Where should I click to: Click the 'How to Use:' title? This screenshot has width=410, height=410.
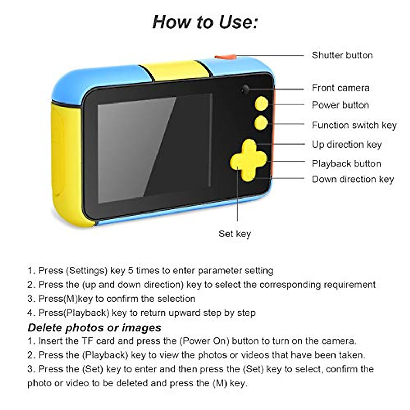click(205, 22)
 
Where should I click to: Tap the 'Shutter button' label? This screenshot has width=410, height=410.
click(342, 55)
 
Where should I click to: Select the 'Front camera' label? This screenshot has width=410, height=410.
click(340, 88)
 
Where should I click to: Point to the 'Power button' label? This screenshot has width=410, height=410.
click(340, 105)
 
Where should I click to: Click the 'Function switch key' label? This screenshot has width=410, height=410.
click(354, 125)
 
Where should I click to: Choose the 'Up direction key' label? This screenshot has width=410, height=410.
click(346, 145)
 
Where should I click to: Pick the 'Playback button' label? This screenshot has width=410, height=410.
click(346, 164)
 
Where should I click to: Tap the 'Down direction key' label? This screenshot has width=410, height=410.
click(353, 179)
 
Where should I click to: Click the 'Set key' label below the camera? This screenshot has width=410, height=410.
click(235, 234)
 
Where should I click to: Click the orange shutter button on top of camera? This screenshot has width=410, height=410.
click(225, 57)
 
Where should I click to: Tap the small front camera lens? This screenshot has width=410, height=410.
click(245, 90)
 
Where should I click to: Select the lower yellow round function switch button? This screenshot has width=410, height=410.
click(261, 123)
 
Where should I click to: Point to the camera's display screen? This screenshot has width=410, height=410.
click(154, 149)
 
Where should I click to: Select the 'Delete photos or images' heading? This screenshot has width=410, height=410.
click(94, 328)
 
